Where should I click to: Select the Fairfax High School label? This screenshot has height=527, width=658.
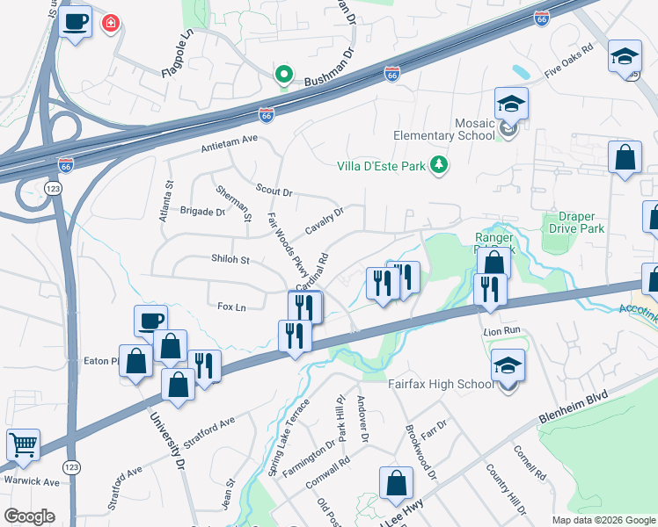441,385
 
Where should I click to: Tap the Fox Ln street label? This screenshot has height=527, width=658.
230,306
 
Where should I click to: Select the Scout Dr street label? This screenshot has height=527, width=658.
274,190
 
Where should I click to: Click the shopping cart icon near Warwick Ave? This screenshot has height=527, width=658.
23,444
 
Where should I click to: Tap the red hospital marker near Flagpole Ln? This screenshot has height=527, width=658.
111,23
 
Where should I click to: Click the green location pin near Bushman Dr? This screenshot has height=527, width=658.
283,76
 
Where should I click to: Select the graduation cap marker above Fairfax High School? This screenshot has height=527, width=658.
508,365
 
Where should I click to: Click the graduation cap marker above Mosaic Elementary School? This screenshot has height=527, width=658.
510,104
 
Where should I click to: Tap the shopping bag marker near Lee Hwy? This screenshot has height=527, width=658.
396,482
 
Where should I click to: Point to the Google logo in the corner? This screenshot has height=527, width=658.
29,516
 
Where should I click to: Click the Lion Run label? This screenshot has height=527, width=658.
502,331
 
